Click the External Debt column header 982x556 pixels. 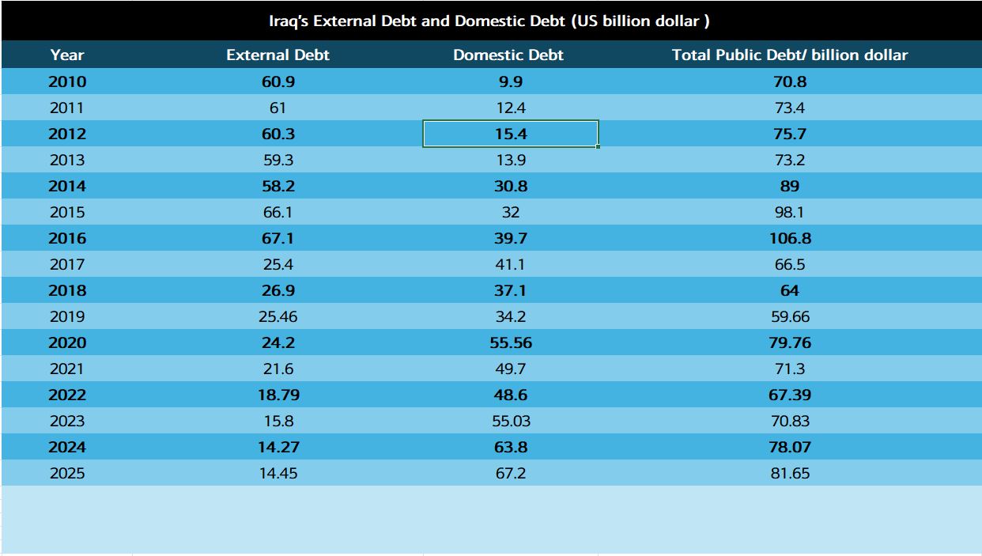(x=278, y=55)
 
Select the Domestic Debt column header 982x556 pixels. (x=508, y=55)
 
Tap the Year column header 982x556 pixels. (x=67, y=55)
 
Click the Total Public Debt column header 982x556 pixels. (x=789, y=55)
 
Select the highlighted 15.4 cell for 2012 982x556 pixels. (x=510, y=134)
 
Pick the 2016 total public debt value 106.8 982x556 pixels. (x=789, y=238)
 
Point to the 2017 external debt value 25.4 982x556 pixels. (x=278, y=264)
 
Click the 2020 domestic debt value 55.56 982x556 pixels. (x=510, y=342)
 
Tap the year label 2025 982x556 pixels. (x=67, y=474)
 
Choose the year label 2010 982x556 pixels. (x=67, y=81)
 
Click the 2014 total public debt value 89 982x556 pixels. (x=789, y=186)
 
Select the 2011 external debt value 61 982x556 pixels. (x=278, y=108)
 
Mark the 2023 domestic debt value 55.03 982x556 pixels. (x=510, y=421)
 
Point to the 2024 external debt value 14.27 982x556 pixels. (x=278, y=447)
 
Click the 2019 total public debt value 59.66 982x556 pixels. (x=789, y=316)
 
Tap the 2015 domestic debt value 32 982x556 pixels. (x=510, y=212)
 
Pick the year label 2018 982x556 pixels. (x=67, y=290)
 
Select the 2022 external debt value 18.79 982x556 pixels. (x=278, y=395)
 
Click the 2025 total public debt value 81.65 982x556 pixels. (x=789, y=474)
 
